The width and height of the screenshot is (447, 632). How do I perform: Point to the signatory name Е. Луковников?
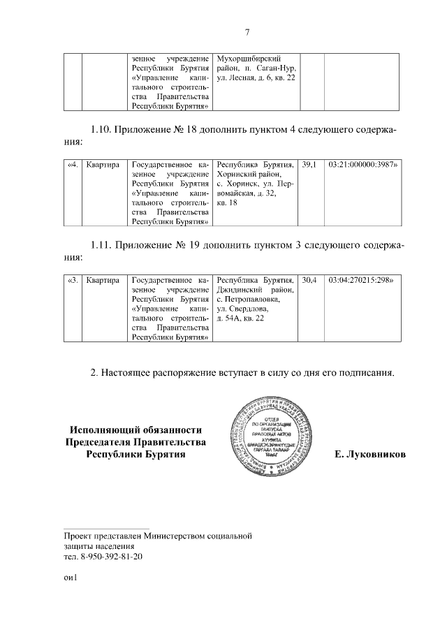point(369,454)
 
